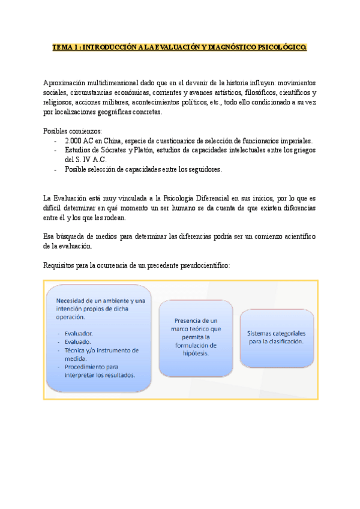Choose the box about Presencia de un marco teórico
(x=196, y=337)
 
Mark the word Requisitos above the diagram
(x=61, y=266)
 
